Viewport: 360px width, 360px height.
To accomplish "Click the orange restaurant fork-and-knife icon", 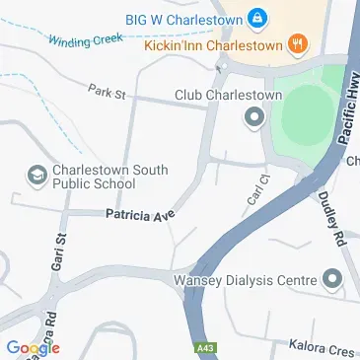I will (297, 43).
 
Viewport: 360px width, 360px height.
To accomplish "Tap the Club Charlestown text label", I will (229, 96).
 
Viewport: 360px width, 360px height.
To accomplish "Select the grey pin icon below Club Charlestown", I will (252, 119).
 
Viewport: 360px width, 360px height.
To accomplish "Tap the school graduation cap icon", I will (36, 176).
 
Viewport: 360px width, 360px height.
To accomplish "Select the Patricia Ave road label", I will (139, 213).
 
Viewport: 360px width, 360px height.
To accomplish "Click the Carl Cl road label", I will (255, 195).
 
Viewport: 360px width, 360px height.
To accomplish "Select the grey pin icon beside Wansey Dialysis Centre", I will (332, 279).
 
